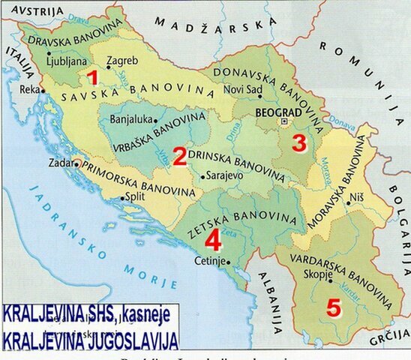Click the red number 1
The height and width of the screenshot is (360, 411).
(92, 77)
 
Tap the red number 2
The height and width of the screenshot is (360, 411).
(180, 157)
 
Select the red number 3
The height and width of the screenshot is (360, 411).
(299, 142)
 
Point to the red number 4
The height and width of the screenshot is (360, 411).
(213, 240)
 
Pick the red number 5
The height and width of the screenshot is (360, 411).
(333, 308)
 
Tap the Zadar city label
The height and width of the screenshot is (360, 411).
(61, 162)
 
